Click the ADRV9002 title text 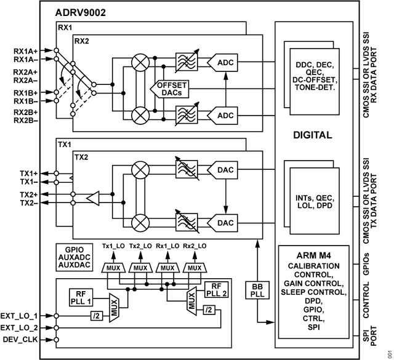[80, 12]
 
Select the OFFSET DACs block [170, 89]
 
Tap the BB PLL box [257, 290]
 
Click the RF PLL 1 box [81, 297]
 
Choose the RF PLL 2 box [216, 289]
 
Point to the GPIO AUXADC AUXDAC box [74, 257]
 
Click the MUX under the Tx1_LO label [113, 268]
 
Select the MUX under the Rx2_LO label [195, 268]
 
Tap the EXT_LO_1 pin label [19, 316]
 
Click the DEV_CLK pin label [20, 340]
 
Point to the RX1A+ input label [25, 51]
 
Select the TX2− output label [29, 202]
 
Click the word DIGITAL [313, 135]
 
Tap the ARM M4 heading [313, 255]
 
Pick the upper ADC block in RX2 [222, 63]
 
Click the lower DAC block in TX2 [222, 223]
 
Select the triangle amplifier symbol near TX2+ [93, 199]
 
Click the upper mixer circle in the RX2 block [140, 63]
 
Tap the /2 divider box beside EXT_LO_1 [97, 316]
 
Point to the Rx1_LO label [167, 246]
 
